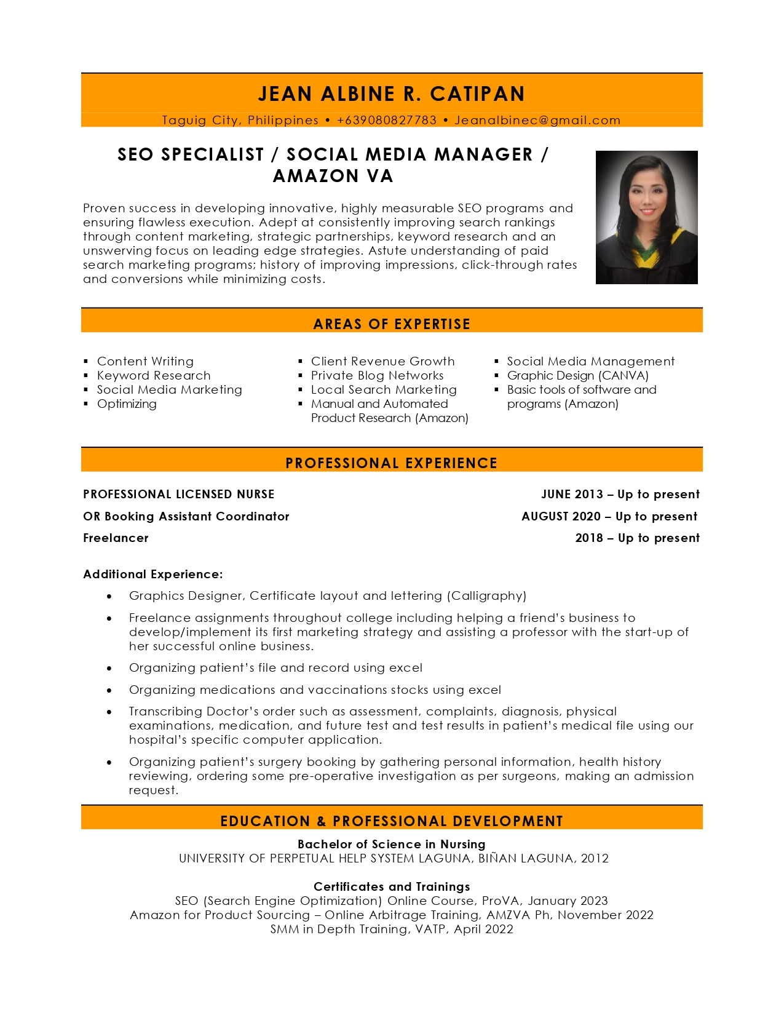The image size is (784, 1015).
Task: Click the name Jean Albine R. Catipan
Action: (392, 94)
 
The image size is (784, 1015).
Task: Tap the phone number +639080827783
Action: (387, 120)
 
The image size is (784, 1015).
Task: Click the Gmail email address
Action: (537, 120)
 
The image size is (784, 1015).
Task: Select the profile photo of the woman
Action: (646, 217)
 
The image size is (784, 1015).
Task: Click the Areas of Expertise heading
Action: (392, 324)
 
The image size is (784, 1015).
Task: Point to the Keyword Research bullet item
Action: (154, 375)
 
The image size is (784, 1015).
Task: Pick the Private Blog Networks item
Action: (377, 375)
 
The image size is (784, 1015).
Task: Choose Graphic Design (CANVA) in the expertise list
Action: (577, 375)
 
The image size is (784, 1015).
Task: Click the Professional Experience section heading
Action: (392, 463)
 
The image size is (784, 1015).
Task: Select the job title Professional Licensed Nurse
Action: (179, 494)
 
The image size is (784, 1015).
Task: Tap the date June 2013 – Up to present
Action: (620, 494)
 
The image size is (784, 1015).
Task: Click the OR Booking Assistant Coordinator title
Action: (186, 516)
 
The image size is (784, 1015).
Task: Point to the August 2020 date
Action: (561, 516)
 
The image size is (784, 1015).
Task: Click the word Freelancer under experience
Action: (116, 538)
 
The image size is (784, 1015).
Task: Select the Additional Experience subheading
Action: (153, 574)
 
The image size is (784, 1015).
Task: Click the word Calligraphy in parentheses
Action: (486, 595)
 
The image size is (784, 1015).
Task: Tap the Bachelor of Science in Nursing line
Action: (392, 844)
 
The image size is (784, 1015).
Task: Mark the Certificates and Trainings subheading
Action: (392, 886)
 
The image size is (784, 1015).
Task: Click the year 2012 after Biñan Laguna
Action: (595, 858)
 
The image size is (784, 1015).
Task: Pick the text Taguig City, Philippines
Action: (240, 120)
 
